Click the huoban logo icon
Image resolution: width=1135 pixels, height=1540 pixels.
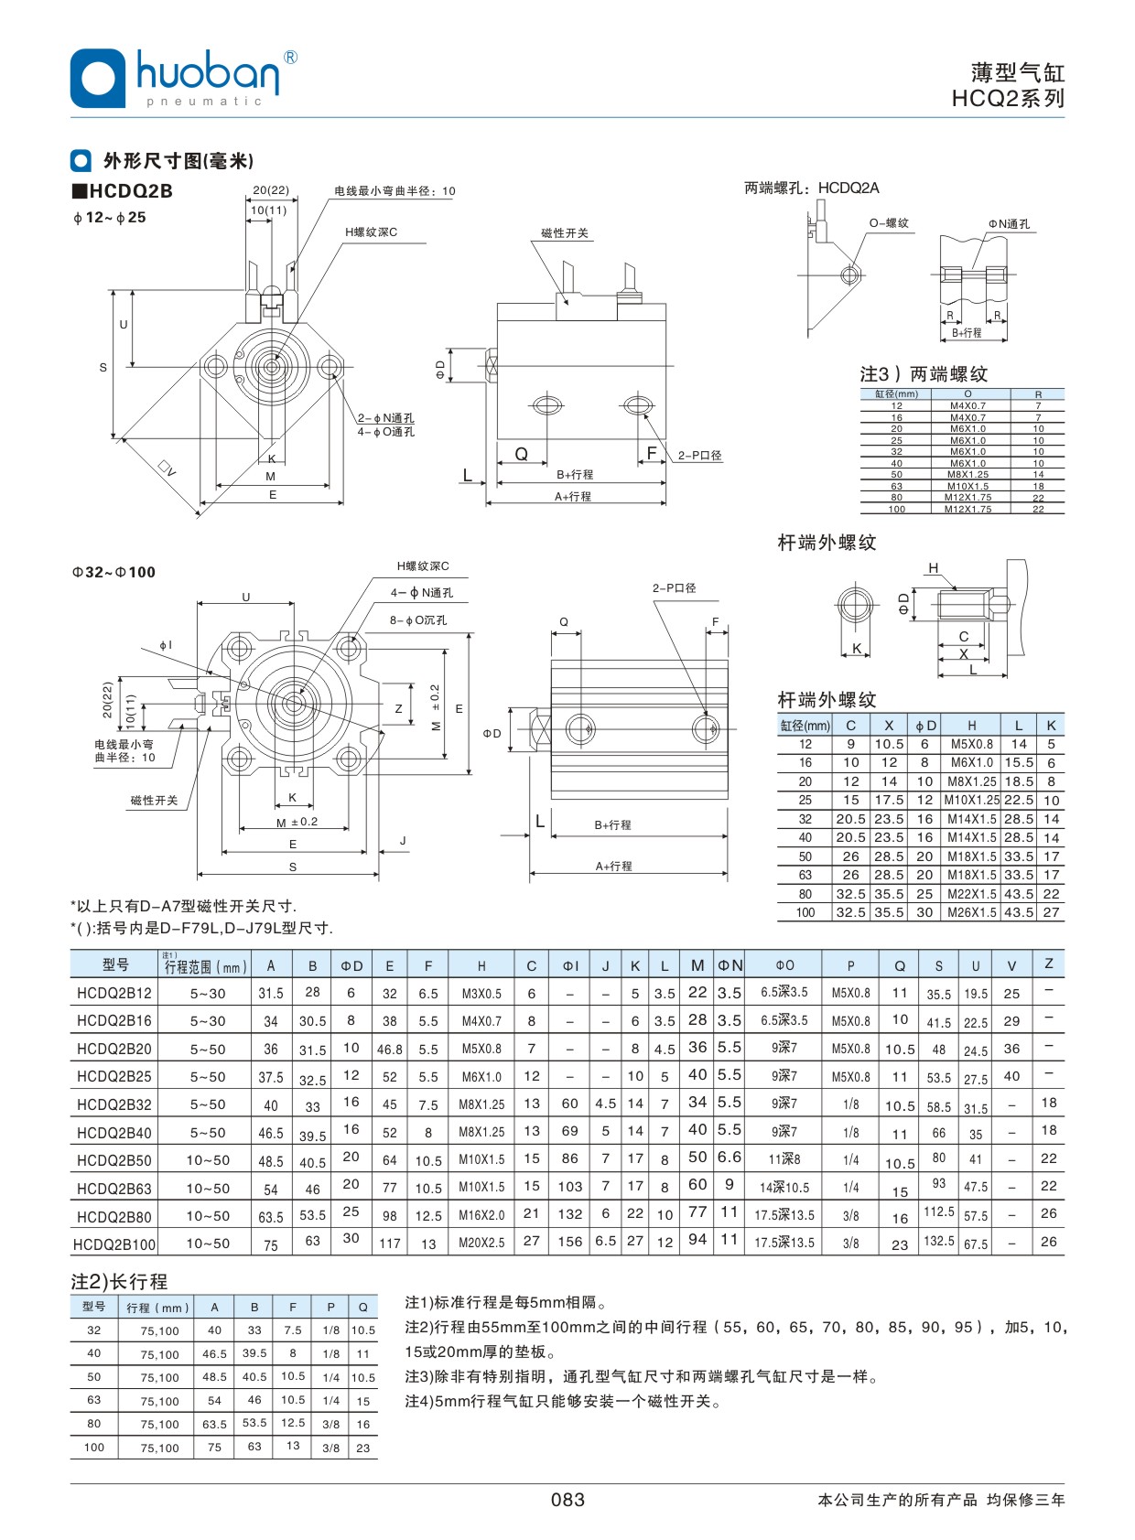tap(97, 78)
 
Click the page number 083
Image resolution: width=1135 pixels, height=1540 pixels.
tap(567, 1499)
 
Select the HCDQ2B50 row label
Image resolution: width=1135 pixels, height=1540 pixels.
tap(114, 1160)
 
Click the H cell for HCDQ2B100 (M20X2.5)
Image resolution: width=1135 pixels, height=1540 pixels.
tap(481, 1243)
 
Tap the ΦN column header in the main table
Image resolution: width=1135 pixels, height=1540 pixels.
tap(730, 964)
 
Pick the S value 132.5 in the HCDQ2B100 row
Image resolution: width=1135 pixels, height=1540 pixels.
tap(939, 1241)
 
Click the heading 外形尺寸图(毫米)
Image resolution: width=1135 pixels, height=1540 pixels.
tap(178, 161)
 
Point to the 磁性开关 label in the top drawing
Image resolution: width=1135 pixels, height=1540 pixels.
tap(564, 233)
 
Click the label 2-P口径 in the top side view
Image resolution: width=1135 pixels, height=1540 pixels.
tap(699, 455)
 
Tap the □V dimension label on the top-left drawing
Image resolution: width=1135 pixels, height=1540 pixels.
tap(167, 468)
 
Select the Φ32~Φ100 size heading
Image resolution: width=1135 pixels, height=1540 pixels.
tap(114, 572)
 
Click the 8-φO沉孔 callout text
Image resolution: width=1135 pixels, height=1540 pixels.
tap(417, 619)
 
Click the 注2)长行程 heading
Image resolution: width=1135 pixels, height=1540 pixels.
tap(119, 1281)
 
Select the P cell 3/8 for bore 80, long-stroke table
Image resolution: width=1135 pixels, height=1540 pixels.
tap(330, 1424)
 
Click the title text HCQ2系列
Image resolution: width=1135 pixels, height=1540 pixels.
tap(1008, 99)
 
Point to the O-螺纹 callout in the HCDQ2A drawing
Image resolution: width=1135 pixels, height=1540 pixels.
tap(889, 223)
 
